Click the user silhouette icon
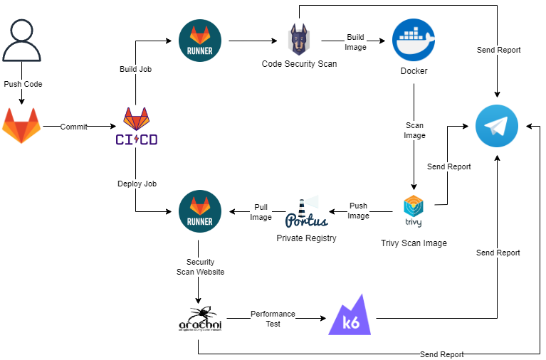[21, 41]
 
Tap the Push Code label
[23, 84]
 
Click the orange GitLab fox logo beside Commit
[21, 126]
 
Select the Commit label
[73, 127]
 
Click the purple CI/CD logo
[137, 127]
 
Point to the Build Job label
[135, 69]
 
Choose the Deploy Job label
[137, 184]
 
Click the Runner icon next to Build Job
[200, 41]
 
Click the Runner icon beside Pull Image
[200, 211]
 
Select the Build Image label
[355, 42]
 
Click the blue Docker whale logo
[414, 41]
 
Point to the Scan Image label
[414, 130]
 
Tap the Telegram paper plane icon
[497, 126]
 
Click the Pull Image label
[261, 212]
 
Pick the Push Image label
[358, 211]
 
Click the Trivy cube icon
[414, 211]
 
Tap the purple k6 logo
[350, 315]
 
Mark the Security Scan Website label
[200, 267]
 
